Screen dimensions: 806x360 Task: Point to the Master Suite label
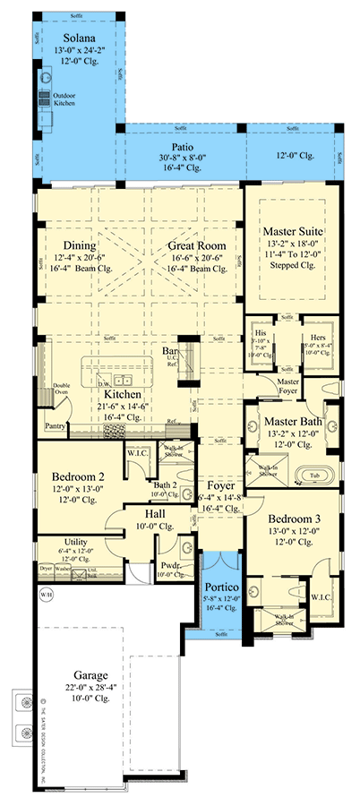[293, 232]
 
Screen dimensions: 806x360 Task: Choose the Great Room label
[196, 245]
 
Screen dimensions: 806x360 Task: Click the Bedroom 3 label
[286, 517]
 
